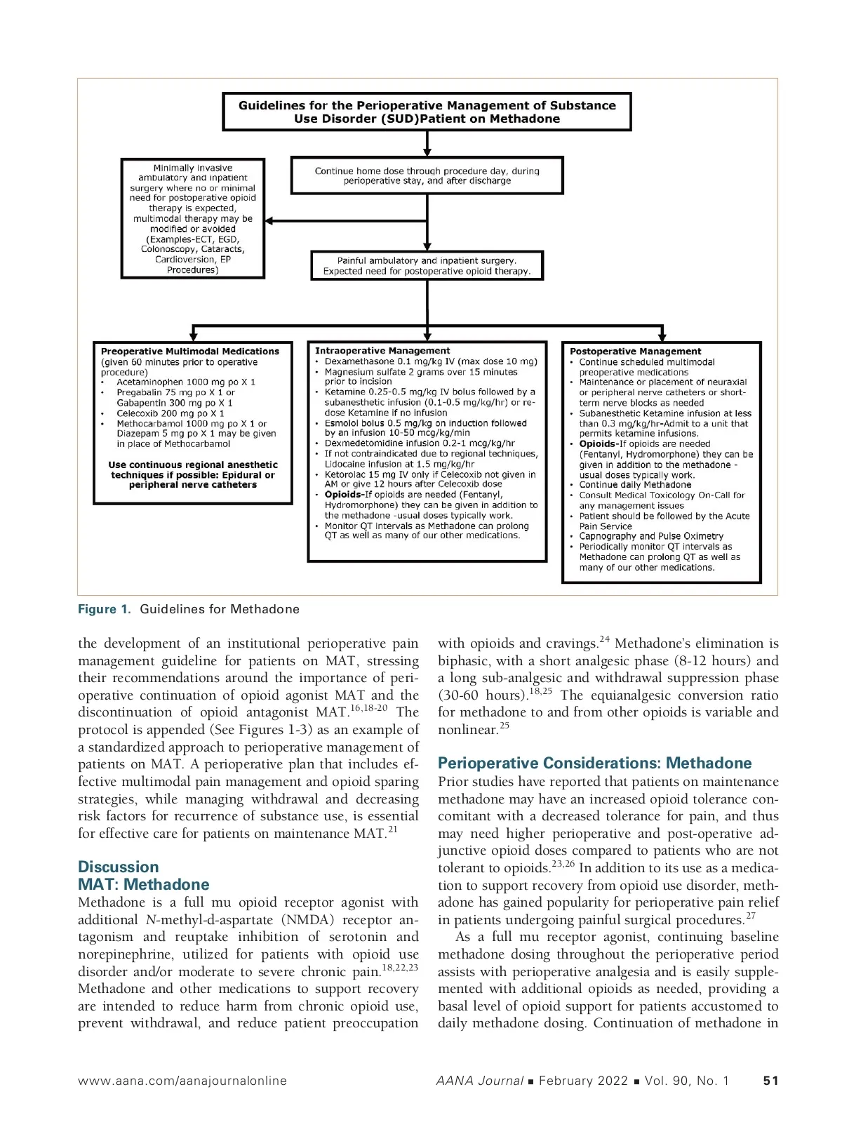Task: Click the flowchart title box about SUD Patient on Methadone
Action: (427, 112)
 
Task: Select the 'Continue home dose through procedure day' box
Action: (427, 175)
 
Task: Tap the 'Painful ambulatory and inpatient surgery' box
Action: (427, 266)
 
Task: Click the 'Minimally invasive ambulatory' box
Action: (193, 218)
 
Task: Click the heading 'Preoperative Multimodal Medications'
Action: (190, 351)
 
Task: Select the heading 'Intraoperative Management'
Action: (382, 350)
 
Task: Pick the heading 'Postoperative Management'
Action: (635, 351)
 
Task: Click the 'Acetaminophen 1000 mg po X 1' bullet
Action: (186, 382)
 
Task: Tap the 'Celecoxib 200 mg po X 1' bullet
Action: (171, 413)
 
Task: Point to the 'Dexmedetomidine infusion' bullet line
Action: (420, 444)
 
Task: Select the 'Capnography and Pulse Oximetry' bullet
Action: (651, 536)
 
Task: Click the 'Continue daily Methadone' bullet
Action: (635, 484)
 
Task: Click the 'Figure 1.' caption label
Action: (105, 609)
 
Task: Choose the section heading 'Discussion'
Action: (119, 867)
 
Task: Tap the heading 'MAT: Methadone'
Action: (144, 884)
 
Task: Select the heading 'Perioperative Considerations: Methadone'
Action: (594, 763)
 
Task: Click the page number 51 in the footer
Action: (770, 1081)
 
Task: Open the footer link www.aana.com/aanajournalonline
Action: (182, 1081)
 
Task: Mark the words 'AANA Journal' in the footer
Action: (479, 1081)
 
